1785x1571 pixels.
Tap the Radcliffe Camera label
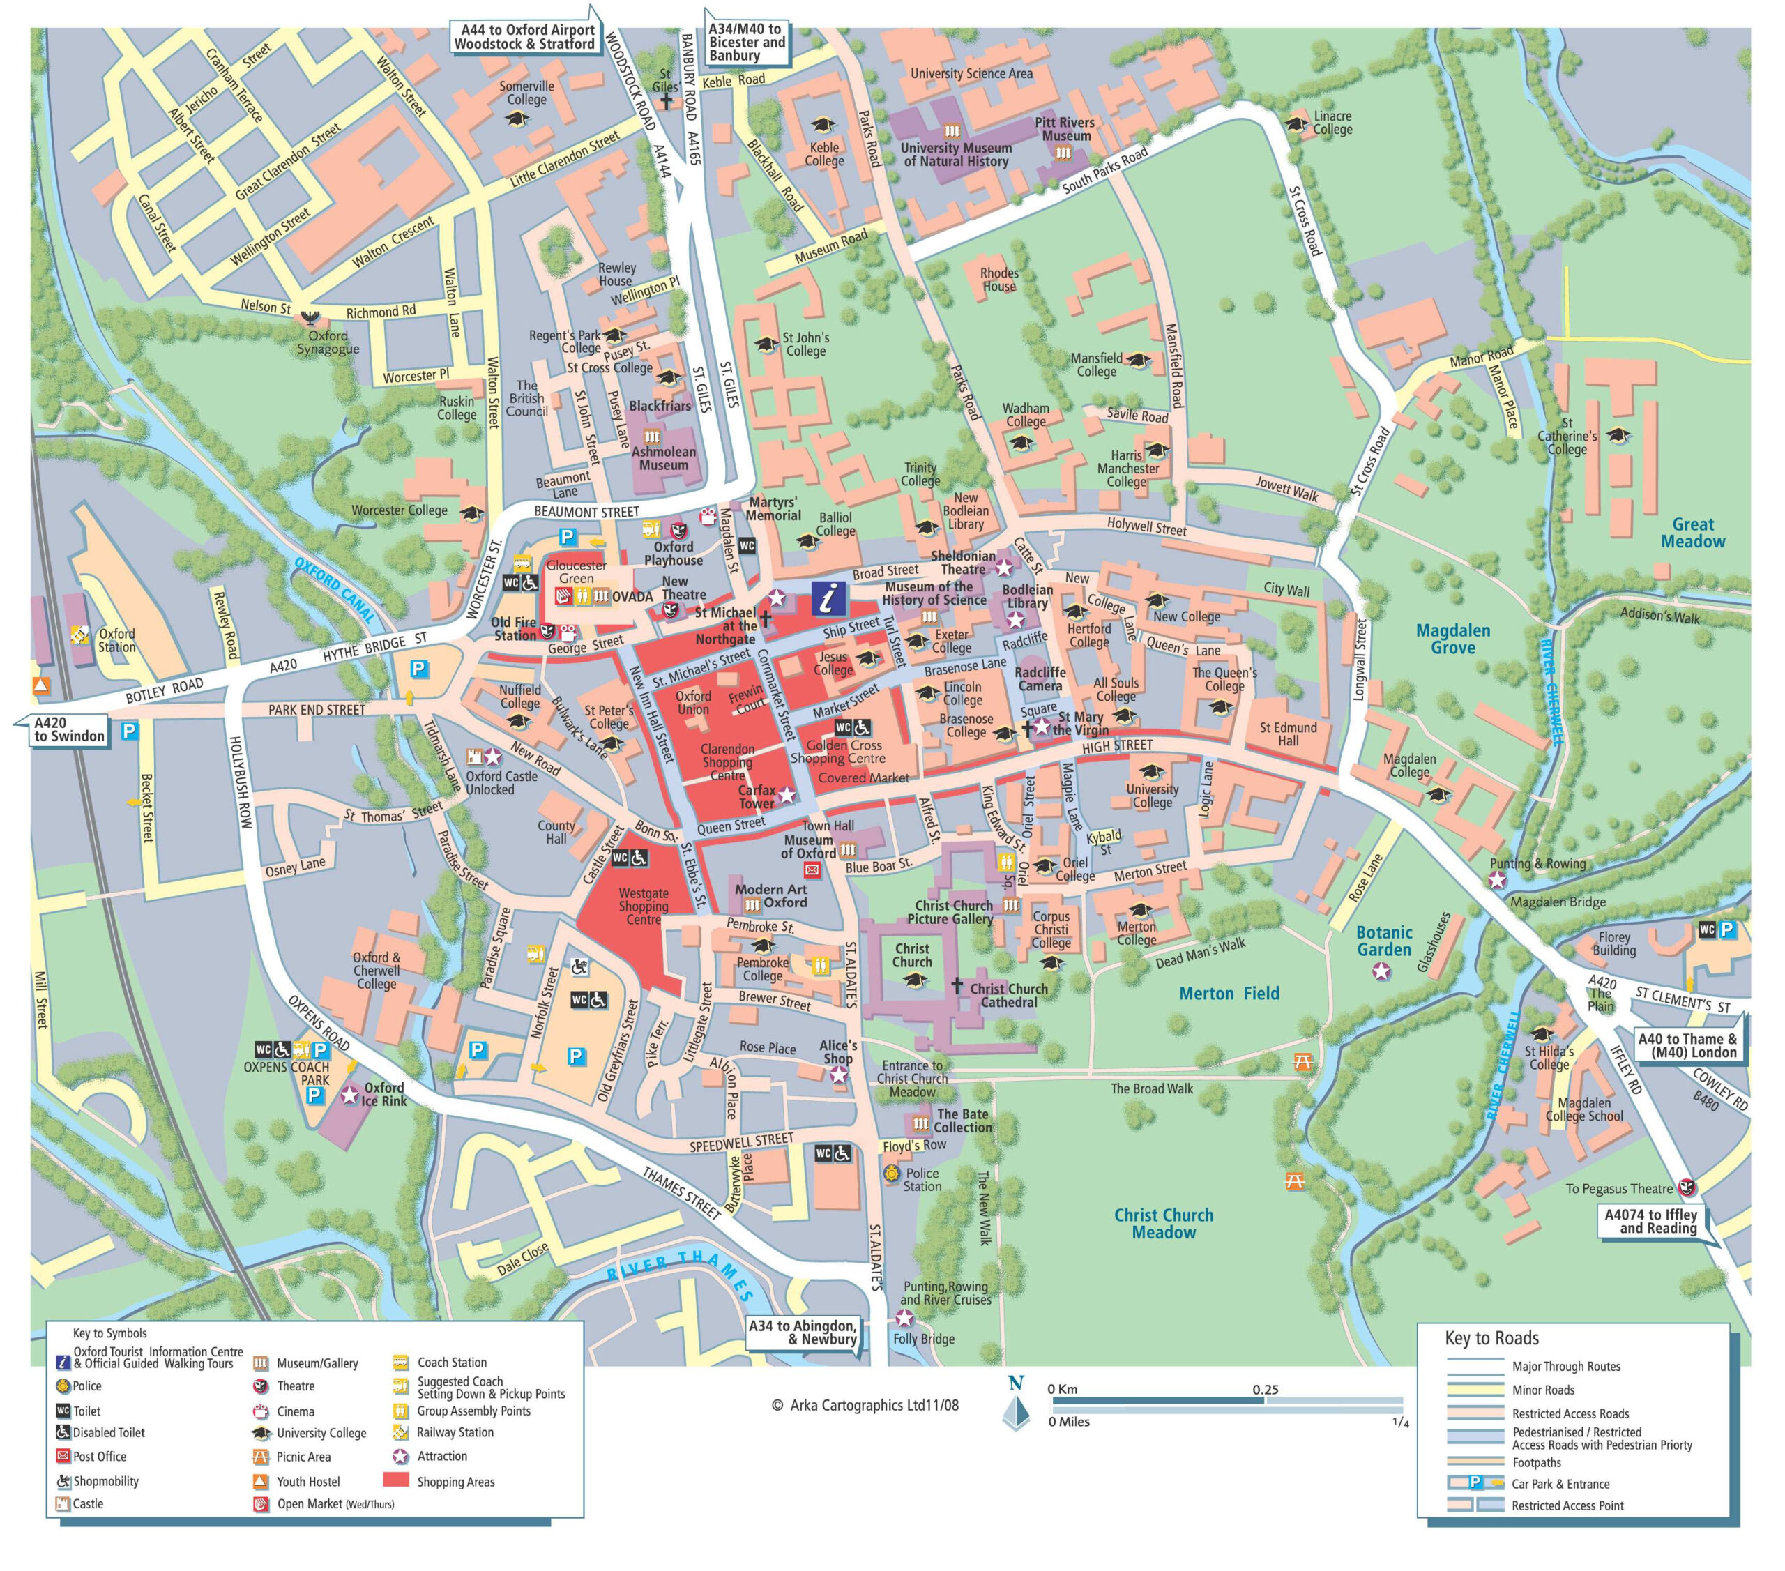tap(1040, 678)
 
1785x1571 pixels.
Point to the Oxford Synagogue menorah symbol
tap(308, 316)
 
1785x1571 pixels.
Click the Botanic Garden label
tap(1383, 941)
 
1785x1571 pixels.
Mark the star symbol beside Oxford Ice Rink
tap(349, 1094)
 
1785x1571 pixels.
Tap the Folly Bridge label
tap(923, 1339)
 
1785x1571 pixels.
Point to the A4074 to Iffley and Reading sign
tap(1650, 1221)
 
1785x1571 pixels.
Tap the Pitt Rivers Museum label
tap(1065, 128)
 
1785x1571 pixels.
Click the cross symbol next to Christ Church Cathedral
tap(957, 985)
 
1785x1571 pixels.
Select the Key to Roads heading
tap(1491, 1338)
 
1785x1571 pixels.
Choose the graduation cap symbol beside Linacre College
tap(1297, 124)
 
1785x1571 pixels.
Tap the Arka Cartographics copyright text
tap(865, 1405)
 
